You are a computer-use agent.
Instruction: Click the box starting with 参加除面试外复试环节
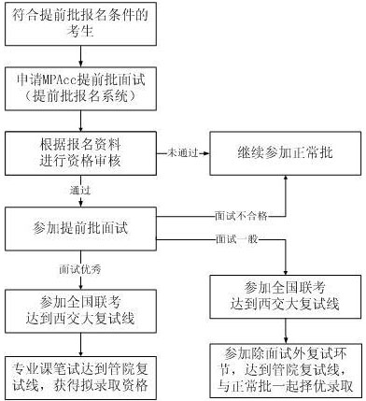[x=288, y=368]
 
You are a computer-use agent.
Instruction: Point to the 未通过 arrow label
[x=182, y=150]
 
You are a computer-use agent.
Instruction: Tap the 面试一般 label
[x=235, y=241]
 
